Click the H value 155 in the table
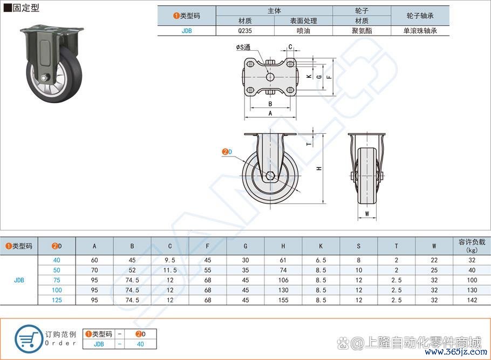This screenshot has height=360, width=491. (x=283, y=300)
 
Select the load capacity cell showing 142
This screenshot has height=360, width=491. (x=472, y=300)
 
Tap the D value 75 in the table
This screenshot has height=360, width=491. (x=57, y=280)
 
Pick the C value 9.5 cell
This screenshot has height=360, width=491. (x=170, y=260)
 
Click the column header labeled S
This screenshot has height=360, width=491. (x=359, y=246)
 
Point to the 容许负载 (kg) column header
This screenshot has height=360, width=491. (x=472, y=246)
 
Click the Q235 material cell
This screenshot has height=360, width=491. (x=245, y=31)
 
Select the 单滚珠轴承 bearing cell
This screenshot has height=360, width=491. (x=420, y=31)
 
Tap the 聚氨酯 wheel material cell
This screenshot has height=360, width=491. (x=362, y=31)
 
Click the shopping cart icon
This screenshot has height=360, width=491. (x=28, y=339)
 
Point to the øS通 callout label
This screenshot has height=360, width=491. (x=243, y=47)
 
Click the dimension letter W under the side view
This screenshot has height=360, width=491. (x=367, y=214)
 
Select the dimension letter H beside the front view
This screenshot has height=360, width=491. (x=319, y=168)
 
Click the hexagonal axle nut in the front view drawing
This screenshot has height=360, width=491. (x=270, y=176)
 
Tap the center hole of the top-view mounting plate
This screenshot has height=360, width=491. (x=270, y=77)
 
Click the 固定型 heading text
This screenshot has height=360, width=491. (x=26, y=8)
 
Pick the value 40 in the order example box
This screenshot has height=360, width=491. (x=140, y=344)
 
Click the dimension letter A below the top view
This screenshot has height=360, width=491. (x=270, y=113)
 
